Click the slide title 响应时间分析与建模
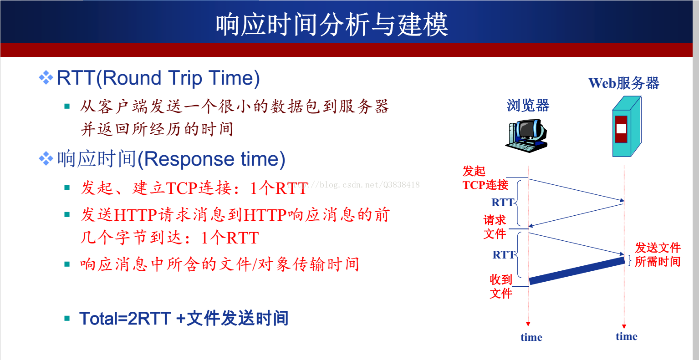(x=332, y=24)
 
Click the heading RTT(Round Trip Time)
(x=158, y=78)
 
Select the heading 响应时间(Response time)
(x=171, y=159)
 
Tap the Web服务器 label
(x=624, y=83)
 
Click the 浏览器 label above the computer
(x=528, y=106)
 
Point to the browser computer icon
(x=527, y=136)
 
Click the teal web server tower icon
(x=627, y=127)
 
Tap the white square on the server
(x=621, y=128)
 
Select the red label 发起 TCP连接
(x=485, y=178)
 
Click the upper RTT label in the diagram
(x=503, y=203)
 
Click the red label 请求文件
(x=495, y=227)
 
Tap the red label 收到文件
(x=501, y=287)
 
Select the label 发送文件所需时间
(x=658, y=254)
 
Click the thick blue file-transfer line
(x=577, y=271)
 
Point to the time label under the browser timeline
(x=531, y=337)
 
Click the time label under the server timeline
(x=627, y=336)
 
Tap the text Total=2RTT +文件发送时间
(x=184, y=319)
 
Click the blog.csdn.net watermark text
(x=353, y=185)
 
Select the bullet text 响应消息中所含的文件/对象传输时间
(x=219, y=264)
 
